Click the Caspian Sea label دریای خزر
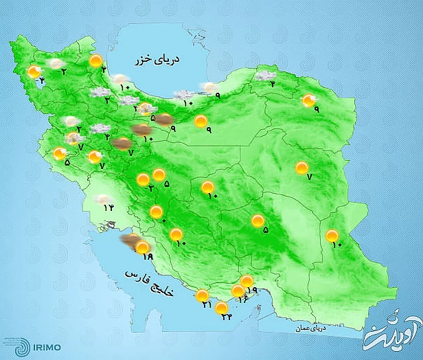(178, 62)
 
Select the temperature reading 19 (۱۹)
(251, 291)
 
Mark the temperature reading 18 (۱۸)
(146, 256)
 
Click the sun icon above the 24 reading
(221, 308)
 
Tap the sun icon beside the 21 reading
(203, 296)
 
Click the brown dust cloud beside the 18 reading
(129, 240)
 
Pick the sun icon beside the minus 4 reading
(34, 71)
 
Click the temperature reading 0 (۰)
(163, 220)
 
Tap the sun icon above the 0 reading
(157, 212)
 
